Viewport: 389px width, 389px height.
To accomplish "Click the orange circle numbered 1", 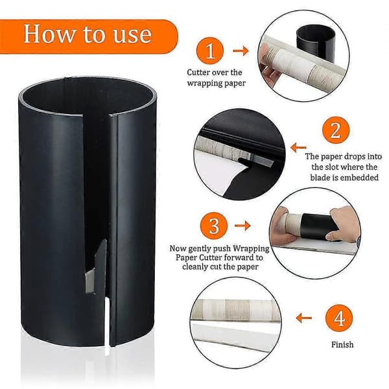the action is pos(210,51).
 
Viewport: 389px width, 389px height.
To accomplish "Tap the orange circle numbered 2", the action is pos(336,130).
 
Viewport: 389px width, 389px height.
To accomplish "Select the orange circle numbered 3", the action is pos(214,226).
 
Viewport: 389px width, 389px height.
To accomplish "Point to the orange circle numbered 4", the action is pos(339,318).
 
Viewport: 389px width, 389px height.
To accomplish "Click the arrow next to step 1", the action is pos(241,51).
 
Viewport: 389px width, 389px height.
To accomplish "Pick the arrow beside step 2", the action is pos(298,148).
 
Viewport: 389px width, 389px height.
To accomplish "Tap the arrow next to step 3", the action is pos(242,226).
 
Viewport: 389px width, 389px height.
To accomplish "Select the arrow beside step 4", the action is pos(304,318).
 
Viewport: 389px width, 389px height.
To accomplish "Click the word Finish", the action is pos(342,345).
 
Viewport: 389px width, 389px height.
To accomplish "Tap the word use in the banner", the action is pos(132,35).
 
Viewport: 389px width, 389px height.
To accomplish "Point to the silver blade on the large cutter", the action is pos(90,281).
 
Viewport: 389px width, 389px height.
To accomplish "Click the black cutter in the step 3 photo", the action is pos(320,226).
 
